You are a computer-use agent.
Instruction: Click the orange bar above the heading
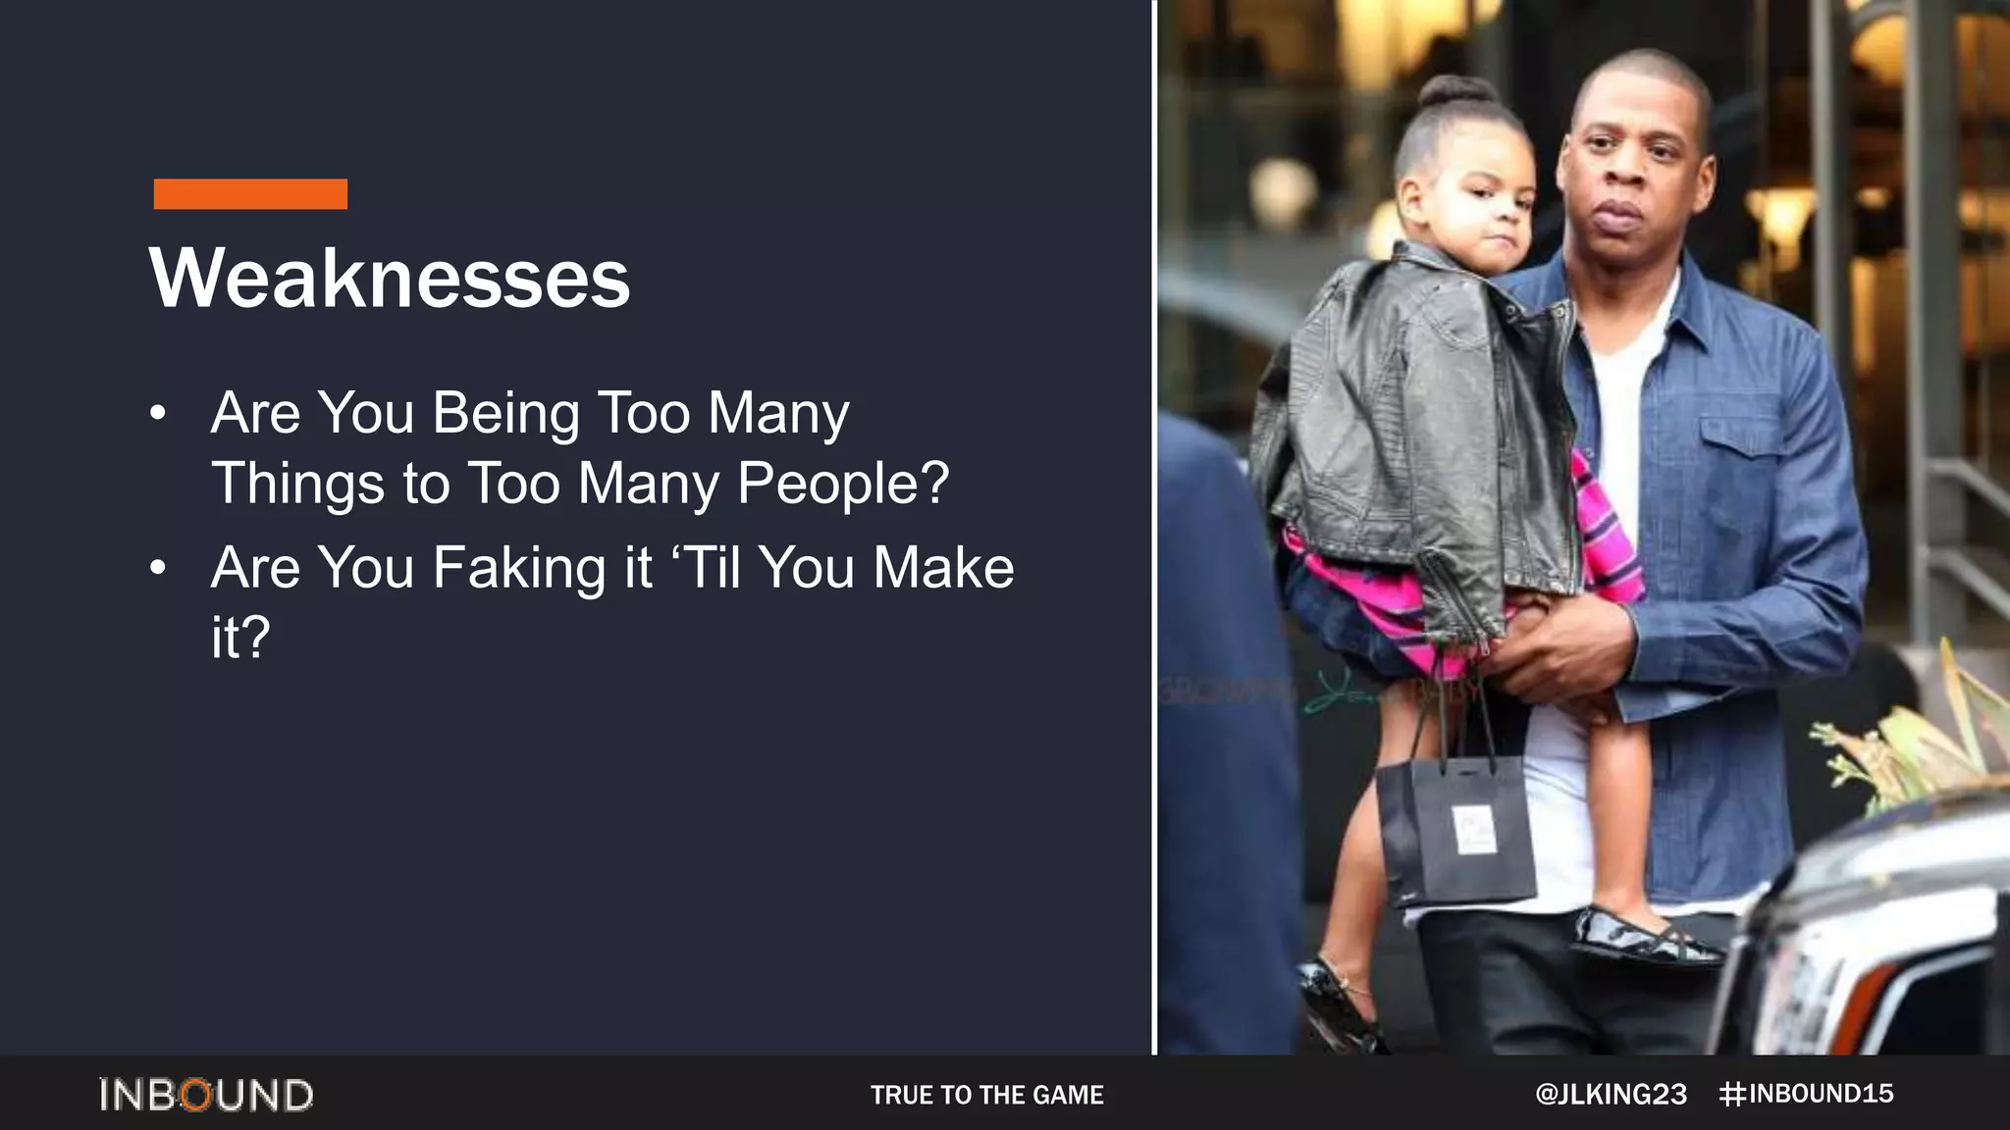tap(250, 193)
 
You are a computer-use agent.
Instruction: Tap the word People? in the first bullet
tap(843, 484)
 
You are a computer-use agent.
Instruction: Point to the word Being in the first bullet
tap(506, 413)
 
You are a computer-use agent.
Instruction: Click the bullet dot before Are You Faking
tap(158, 568)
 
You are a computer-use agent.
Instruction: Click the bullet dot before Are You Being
tap(158, 413)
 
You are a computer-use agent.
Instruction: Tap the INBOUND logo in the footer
tap(206, 1095)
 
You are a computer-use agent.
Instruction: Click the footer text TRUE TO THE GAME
tap(986, 1095)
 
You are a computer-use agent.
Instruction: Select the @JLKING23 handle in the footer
tap(1611, 1095)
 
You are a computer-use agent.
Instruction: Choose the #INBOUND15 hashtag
tap(1807, 1094)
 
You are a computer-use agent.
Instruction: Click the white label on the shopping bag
tap(1474, 829)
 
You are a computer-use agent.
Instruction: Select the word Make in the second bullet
tap(943, 568)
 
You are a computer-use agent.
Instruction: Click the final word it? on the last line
tap(240, 638)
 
